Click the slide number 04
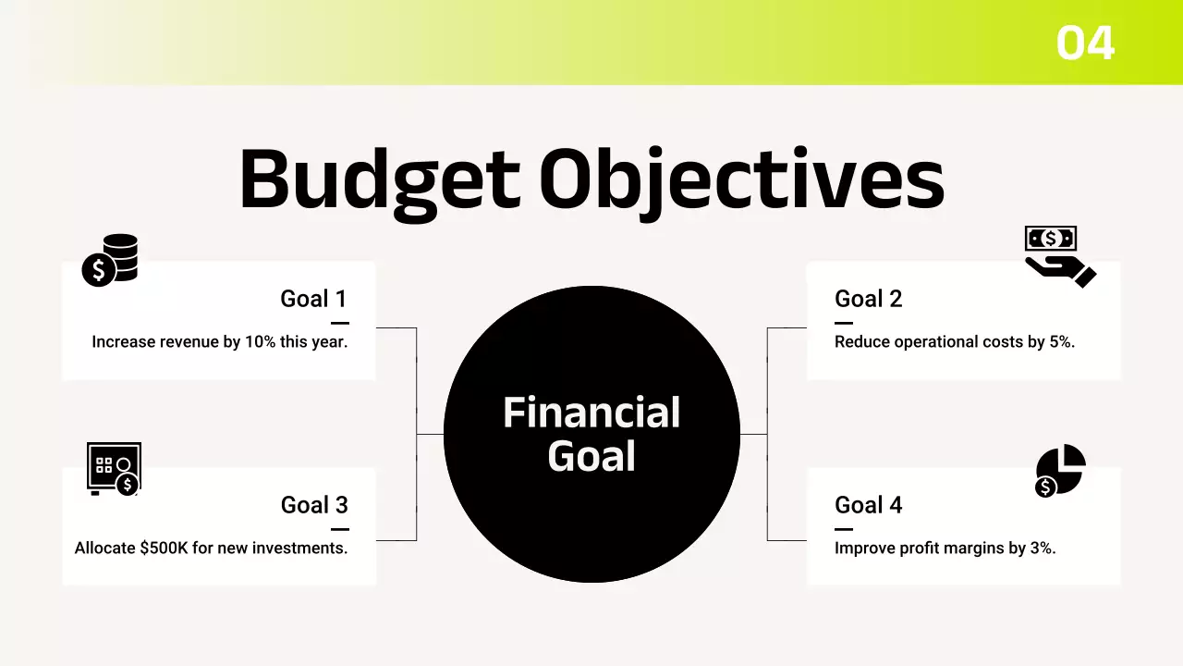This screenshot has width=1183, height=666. tap(1085, 43)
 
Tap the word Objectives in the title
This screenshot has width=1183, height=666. tap(742, 180)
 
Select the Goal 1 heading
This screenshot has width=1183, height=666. tap(313, 299)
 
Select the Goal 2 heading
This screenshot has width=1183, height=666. tap(868, 299)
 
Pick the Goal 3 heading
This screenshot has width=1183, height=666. tap(314, 505)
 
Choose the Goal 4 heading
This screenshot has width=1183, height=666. tap(868, 505)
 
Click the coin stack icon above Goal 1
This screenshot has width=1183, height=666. tap(110, 260)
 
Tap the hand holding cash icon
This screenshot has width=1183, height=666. tap(1057, 255)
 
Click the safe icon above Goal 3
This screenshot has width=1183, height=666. tap(113, 468)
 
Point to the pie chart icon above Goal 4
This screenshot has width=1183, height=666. tap(1059, 470)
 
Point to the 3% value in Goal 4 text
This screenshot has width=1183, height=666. tap(1043, 549)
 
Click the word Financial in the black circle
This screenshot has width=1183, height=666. tap(591, 413)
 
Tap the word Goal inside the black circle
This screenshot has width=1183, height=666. tap(591, 456)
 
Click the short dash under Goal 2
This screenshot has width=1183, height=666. tap(843, 323)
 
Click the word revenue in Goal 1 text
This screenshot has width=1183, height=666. tap(189, 342)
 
